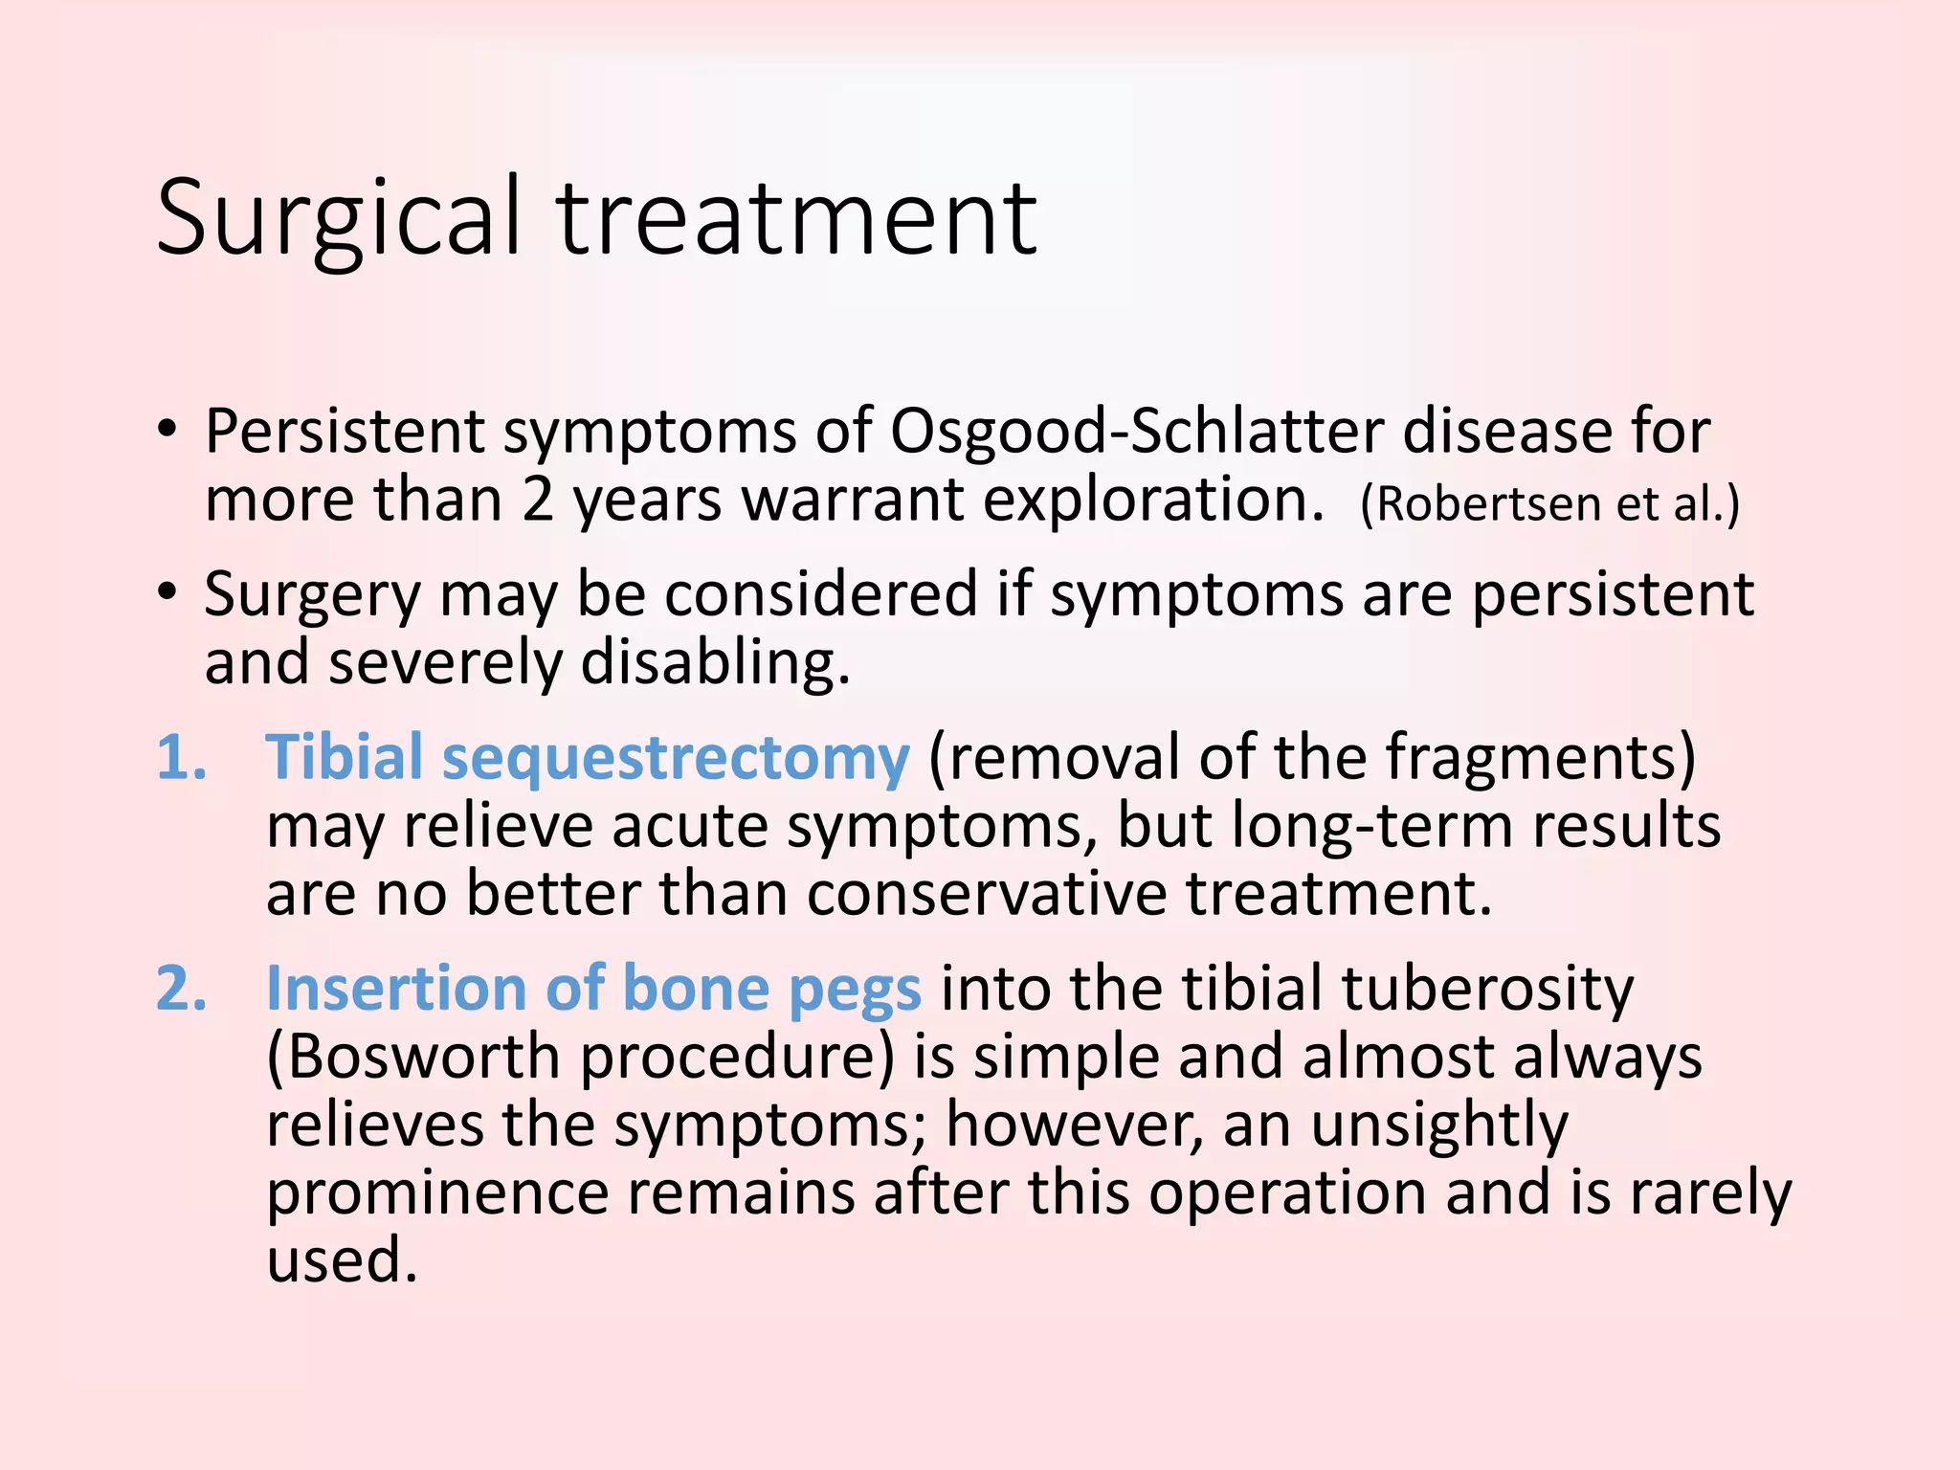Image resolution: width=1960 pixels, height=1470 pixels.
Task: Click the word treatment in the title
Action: coord(796,218)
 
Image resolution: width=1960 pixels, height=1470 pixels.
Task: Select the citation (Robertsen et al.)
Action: coord(1549,503)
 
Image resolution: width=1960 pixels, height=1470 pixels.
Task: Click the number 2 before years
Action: coord(538,500)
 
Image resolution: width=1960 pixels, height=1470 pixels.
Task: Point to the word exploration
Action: coord(1152,500)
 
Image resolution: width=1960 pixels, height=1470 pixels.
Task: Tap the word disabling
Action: coord(715,662)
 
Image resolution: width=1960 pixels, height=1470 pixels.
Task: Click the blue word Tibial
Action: coord(344,758)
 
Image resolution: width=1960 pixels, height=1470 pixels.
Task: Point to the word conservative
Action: coord(986,894)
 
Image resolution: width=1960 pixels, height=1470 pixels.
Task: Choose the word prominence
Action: coord(437,1193)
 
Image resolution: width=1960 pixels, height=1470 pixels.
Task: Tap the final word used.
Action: coord(342,1259)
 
